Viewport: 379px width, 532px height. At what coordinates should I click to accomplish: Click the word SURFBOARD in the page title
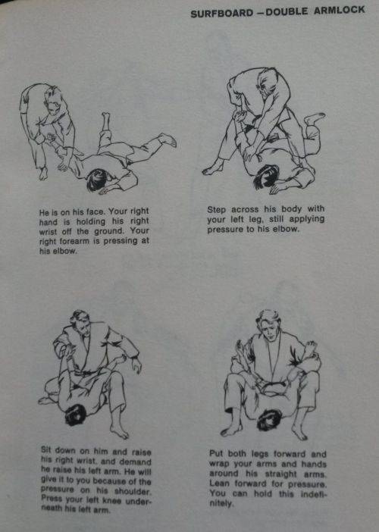point(222,14)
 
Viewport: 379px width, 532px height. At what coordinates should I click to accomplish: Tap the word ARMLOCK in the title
point(339,10)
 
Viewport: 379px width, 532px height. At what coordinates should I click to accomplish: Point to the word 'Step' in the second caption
point(217,210)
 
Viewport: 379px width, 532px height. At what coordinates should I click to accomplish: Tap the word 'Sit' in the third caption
point(45,450)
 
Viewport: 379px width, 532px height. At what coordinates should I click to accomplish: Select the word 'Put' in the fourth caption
point(216,454)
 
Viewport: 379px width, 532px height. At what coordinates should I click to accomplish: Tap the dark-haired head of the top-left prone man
point(96,180)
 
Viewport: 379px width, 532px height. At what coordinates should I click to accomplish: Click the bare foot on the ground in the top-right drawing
point(213,171)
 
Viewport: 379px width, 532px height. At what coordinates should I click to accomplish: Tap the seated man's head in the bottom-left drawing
point(80,324)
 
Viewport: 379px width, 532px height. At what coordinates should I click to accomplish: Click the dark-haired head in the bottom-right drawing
point(270,420)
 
